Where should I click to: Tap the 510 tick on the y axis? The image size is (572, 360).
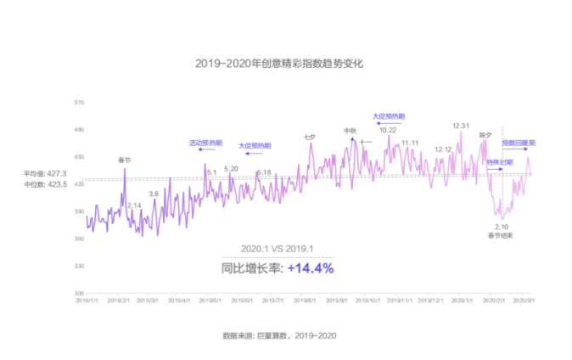click(x=79, y=102)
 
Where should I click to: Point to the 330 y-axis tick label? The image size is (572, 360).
click(x=79, y=267)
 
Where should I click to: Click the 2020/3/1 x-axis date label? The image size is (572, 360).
click(x=523, y=301)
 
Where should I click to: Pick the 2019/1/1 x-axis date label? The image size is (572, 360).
click(x=87, y=301)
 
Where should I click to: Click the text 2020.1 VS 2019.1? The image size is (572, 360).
click(x=278, y=248)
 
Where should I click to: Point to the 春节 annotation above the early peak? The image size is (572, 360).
click(x=124, y=159)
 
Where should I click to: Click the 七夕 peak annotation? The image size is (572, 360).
click(x=309, y=137)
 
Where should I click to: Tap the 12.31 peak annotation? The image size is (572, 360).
click(x=461, y=126)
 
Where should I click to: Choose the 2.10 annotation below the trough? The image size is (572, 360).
click(x=502, y=227)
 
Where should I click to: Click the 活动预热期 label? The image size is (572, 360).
click(x=206, y=143)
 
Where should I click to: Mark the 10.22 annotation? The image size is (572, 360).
click(x=388, y=129)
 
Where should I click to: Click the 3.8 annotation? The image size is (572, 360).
click(x=154, y=194)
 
